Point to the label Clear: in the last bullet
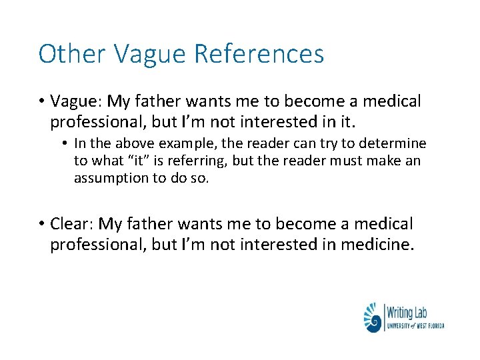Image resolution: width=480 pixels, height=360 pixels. coord(72,223)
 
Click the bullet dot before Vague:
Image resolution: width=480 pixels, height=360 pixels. coord(41,102)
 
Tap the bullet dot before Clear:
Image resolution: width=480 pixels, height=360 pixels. coord(41,224)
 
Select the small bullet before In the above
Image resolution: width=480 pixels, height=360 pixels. coord(65,143)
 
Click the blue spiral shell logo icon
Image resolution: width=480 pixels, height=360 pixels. coord(373,317)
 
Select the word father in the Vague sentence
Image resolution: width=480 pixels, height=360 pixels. coord(157,101)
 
